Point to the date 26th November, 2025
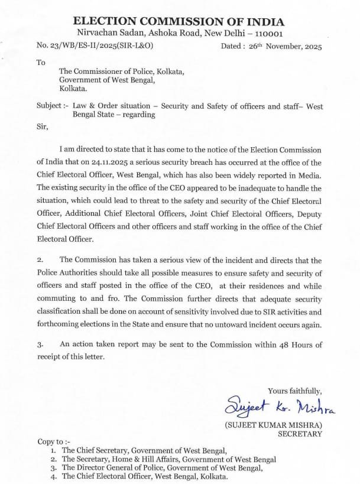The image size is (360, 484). [283, 45]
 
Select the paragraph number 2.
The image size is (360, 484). [40, 260]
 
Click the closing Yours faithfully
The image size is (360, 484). [295, 391]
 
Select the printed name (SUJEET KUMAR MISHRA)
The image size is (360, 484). [273, 425]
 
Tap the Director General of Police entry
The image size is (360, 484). [162, 468]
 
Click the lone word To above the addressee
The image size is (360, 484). [40, 61]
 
